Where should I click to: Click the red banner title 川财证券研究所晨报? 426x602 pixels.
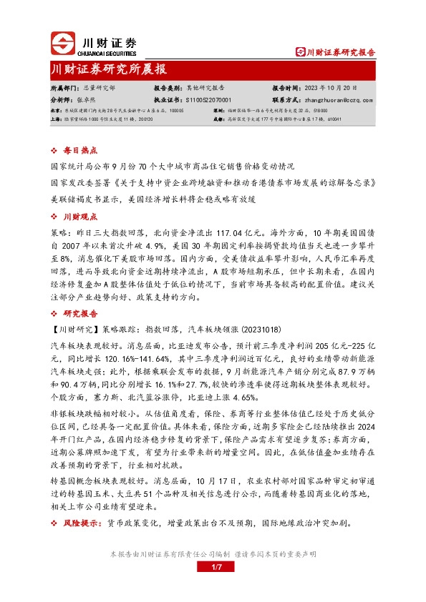109,69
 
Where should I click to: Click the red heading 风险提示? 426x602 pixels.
82,524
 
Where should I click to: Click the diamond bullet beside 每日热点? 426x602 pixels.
55,151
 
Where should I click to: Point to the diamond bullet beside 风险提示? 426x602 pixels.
55,524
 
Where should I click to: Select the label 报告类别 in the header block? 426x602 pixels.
168,88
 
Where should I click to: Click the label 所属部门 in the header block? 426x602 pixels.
64,88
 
